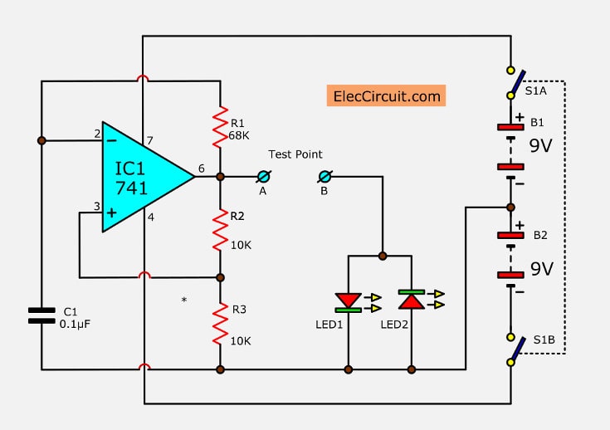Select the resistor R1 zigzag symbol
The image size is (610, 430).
pyautogui.click(x=220, y=125)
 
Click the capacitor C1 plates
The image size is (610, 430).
pyautogui.click(x=41, y=315)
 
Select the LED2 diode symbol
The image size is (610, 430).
pyautogui.click(x=412, y=299)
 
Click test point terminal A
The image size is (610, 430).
pyautogui.click(x=264, y=177)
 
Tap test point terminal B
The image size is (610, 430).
pyautogui.click(x=325, y=177)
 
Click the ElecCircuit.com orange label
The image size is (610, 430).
pyautogui.click(x=386, y=95)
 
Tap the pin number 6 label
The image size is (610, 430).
pyautogui.click(x=202, y=169)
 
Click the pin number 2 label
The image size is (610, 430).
pyautogui.click(x=96, y=133)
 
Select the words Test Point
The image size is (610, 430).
pyautogui.click(x=295, y=154)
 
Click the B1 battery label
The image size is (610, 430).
pyautogui.click(x=537, y=122)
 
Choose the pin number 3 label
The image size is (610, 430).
pyautogui.click(x=96, y=206)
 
